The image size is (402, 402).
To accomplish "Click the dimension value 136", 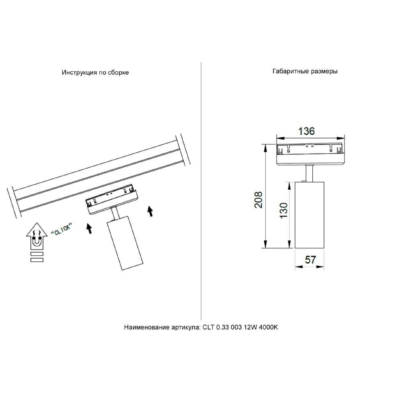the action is click(x=306, y=131).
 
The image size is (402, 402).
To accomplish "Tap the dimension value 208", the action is click(x=258, y=200).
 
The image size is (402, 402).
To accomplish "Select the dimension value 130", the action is click(x=283, y=210).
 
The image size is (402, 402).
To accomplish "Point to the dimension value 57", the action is click(x=310, y=260).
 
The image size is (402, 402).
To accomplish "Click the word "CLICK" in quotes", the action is click(x=62, y=229).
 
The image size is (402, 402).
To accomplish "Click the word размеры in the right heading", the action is click(x=324, y=71).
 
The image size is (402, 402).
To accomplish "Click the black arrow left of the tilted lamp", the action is click(x=89, y=228).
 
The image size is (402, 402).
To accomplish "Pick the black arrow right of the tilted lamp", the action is click(x=150, y=211).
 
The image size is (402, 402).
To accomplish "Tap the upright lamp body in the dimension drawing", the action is click(x=310, y=215).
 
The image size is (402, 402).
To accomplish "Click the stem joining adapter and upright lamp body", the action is click(x=309, y=174).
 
